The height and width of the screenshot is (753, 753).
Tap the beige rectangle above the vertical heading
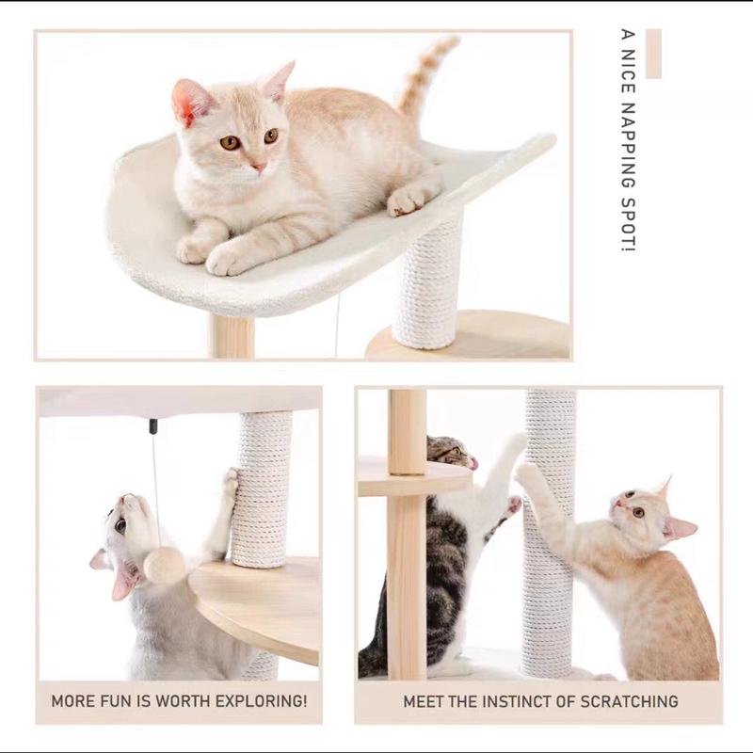click(x=653, y=54)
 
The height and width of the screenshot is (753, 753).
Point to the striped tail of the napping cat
click(x=424, y=75)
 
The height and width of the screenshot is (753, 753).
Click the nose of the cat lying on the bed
click(x=257, y=166)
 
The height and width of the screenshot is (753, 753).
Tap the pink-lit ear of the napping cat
click(x=189, y=101)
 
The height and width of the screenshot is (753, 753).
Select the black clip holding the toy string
click(x=152, y=426)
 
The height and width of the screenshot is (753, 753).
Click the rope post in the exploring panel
click(x=262, y=489)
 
